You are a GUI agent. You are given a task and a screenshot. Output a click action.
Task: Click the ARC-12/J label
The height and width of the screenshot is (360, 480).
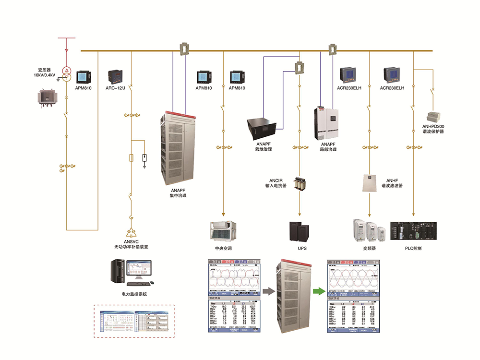click(x=115, y=88)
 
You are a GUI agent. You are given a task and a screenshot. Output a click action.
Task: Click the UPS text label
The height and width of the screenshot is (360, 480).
click(x=302, y=248)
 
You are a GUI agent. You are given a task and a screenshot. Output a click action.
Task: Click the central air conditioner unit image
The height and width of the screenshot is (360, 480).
click(x=224, y=230)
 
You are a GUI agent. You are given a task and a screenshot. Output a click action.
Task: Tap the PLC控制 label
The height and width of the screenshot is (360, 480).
click(x=413, y=248)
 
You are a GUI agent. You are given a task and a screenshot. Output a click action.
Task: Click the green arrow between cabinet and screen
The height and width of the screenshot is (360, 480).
click(x=316, y=290)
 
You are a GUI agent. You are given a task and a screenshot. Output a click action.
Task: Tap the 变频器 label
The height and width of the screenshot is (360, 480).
click(x=369, y=248)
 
